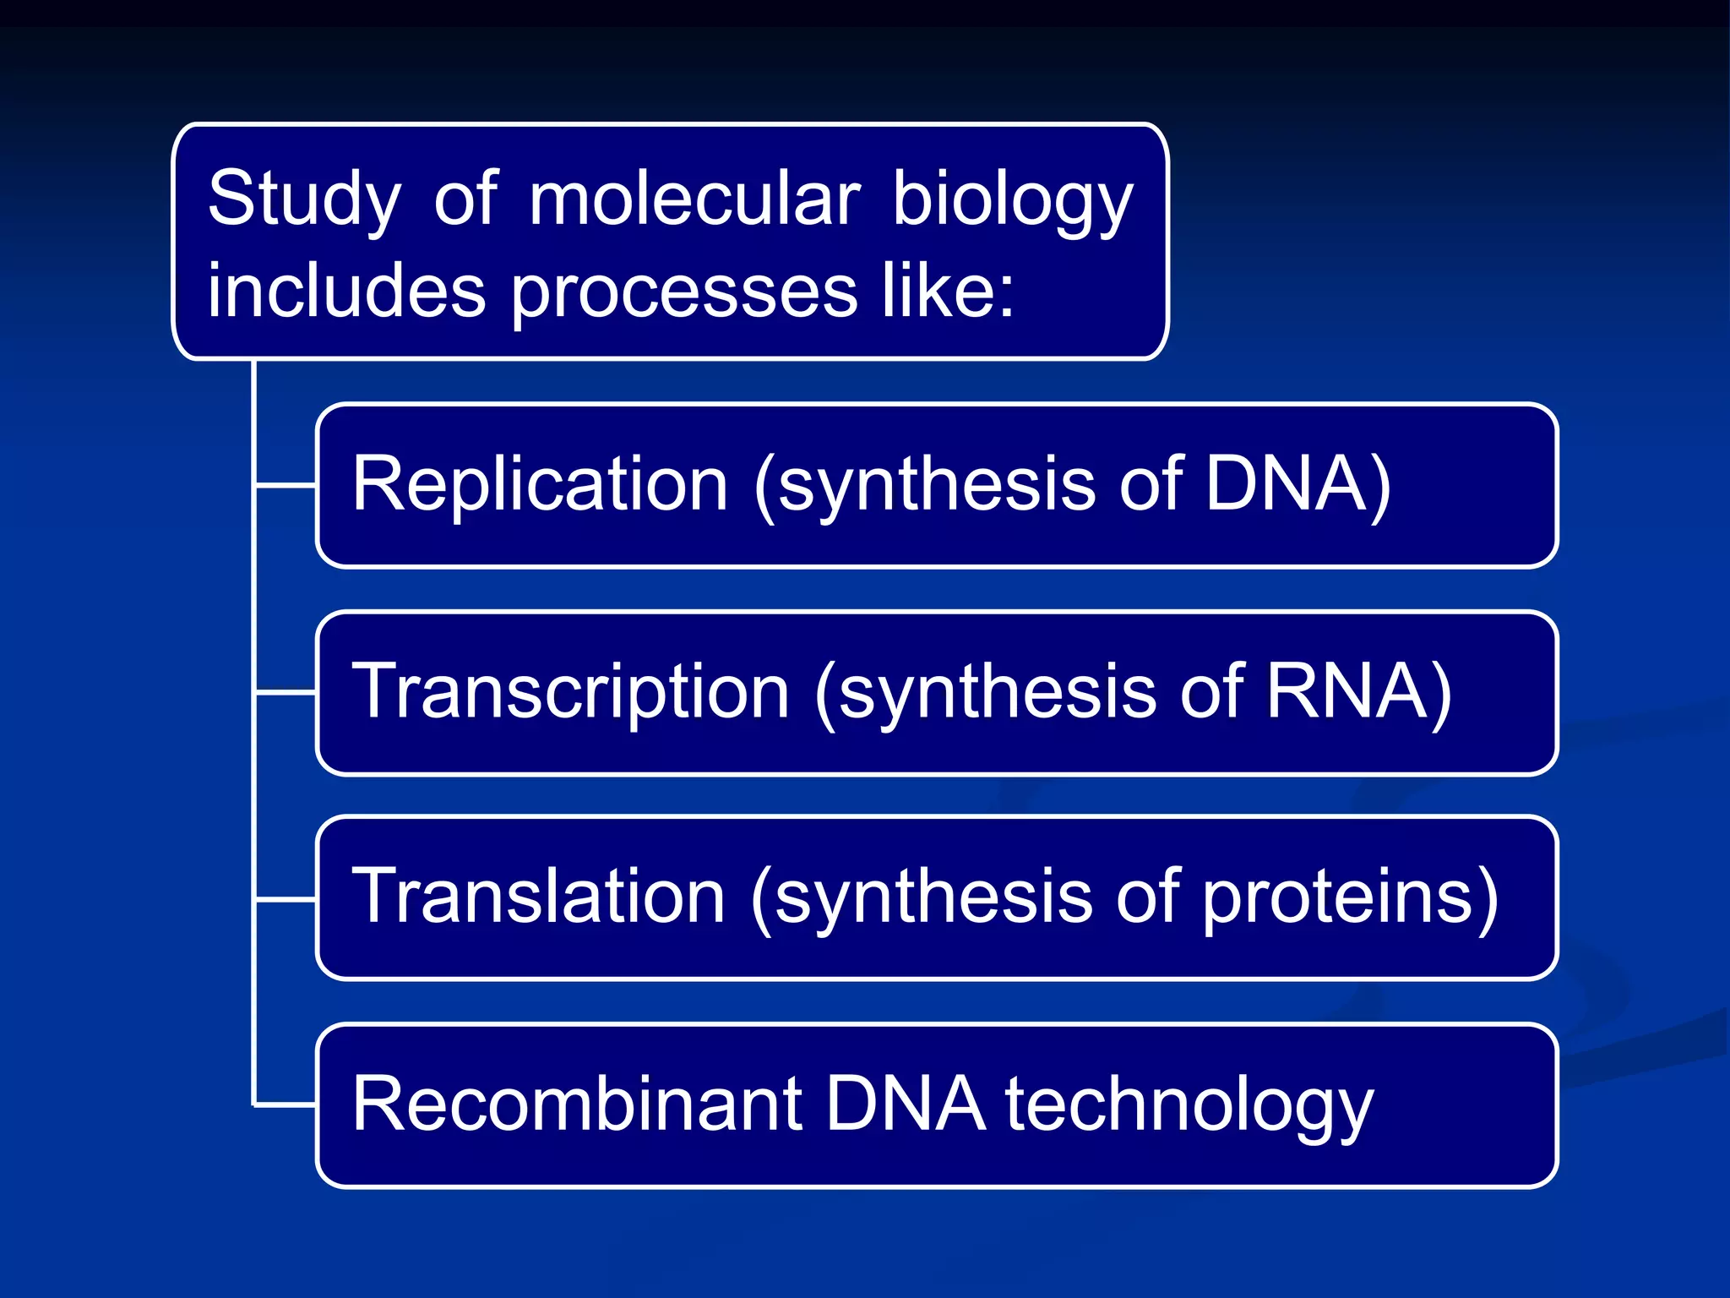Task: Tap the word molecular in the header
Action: tap(694, 199)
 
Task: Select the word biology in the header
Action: tap(1012, 200)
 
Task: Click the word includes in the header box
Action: tap(346, 291)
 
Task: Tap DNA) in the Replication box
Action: tap(1297, 483)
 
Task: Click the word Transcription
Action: tap(571, 691)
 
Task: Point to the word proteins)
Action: tap(1350, 897)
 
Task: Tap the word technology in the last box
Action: tap(1189, 1105)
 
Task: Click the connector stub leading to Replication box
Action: tap(286, 485)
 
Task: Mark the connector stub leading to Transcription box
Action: tap(286, 692)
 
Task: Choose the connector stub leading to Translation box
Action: tap(286, 899)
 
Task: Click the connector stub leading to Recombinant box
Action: tap(286, 1104)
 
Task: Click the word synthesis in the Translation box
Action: tap(933, 897)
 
